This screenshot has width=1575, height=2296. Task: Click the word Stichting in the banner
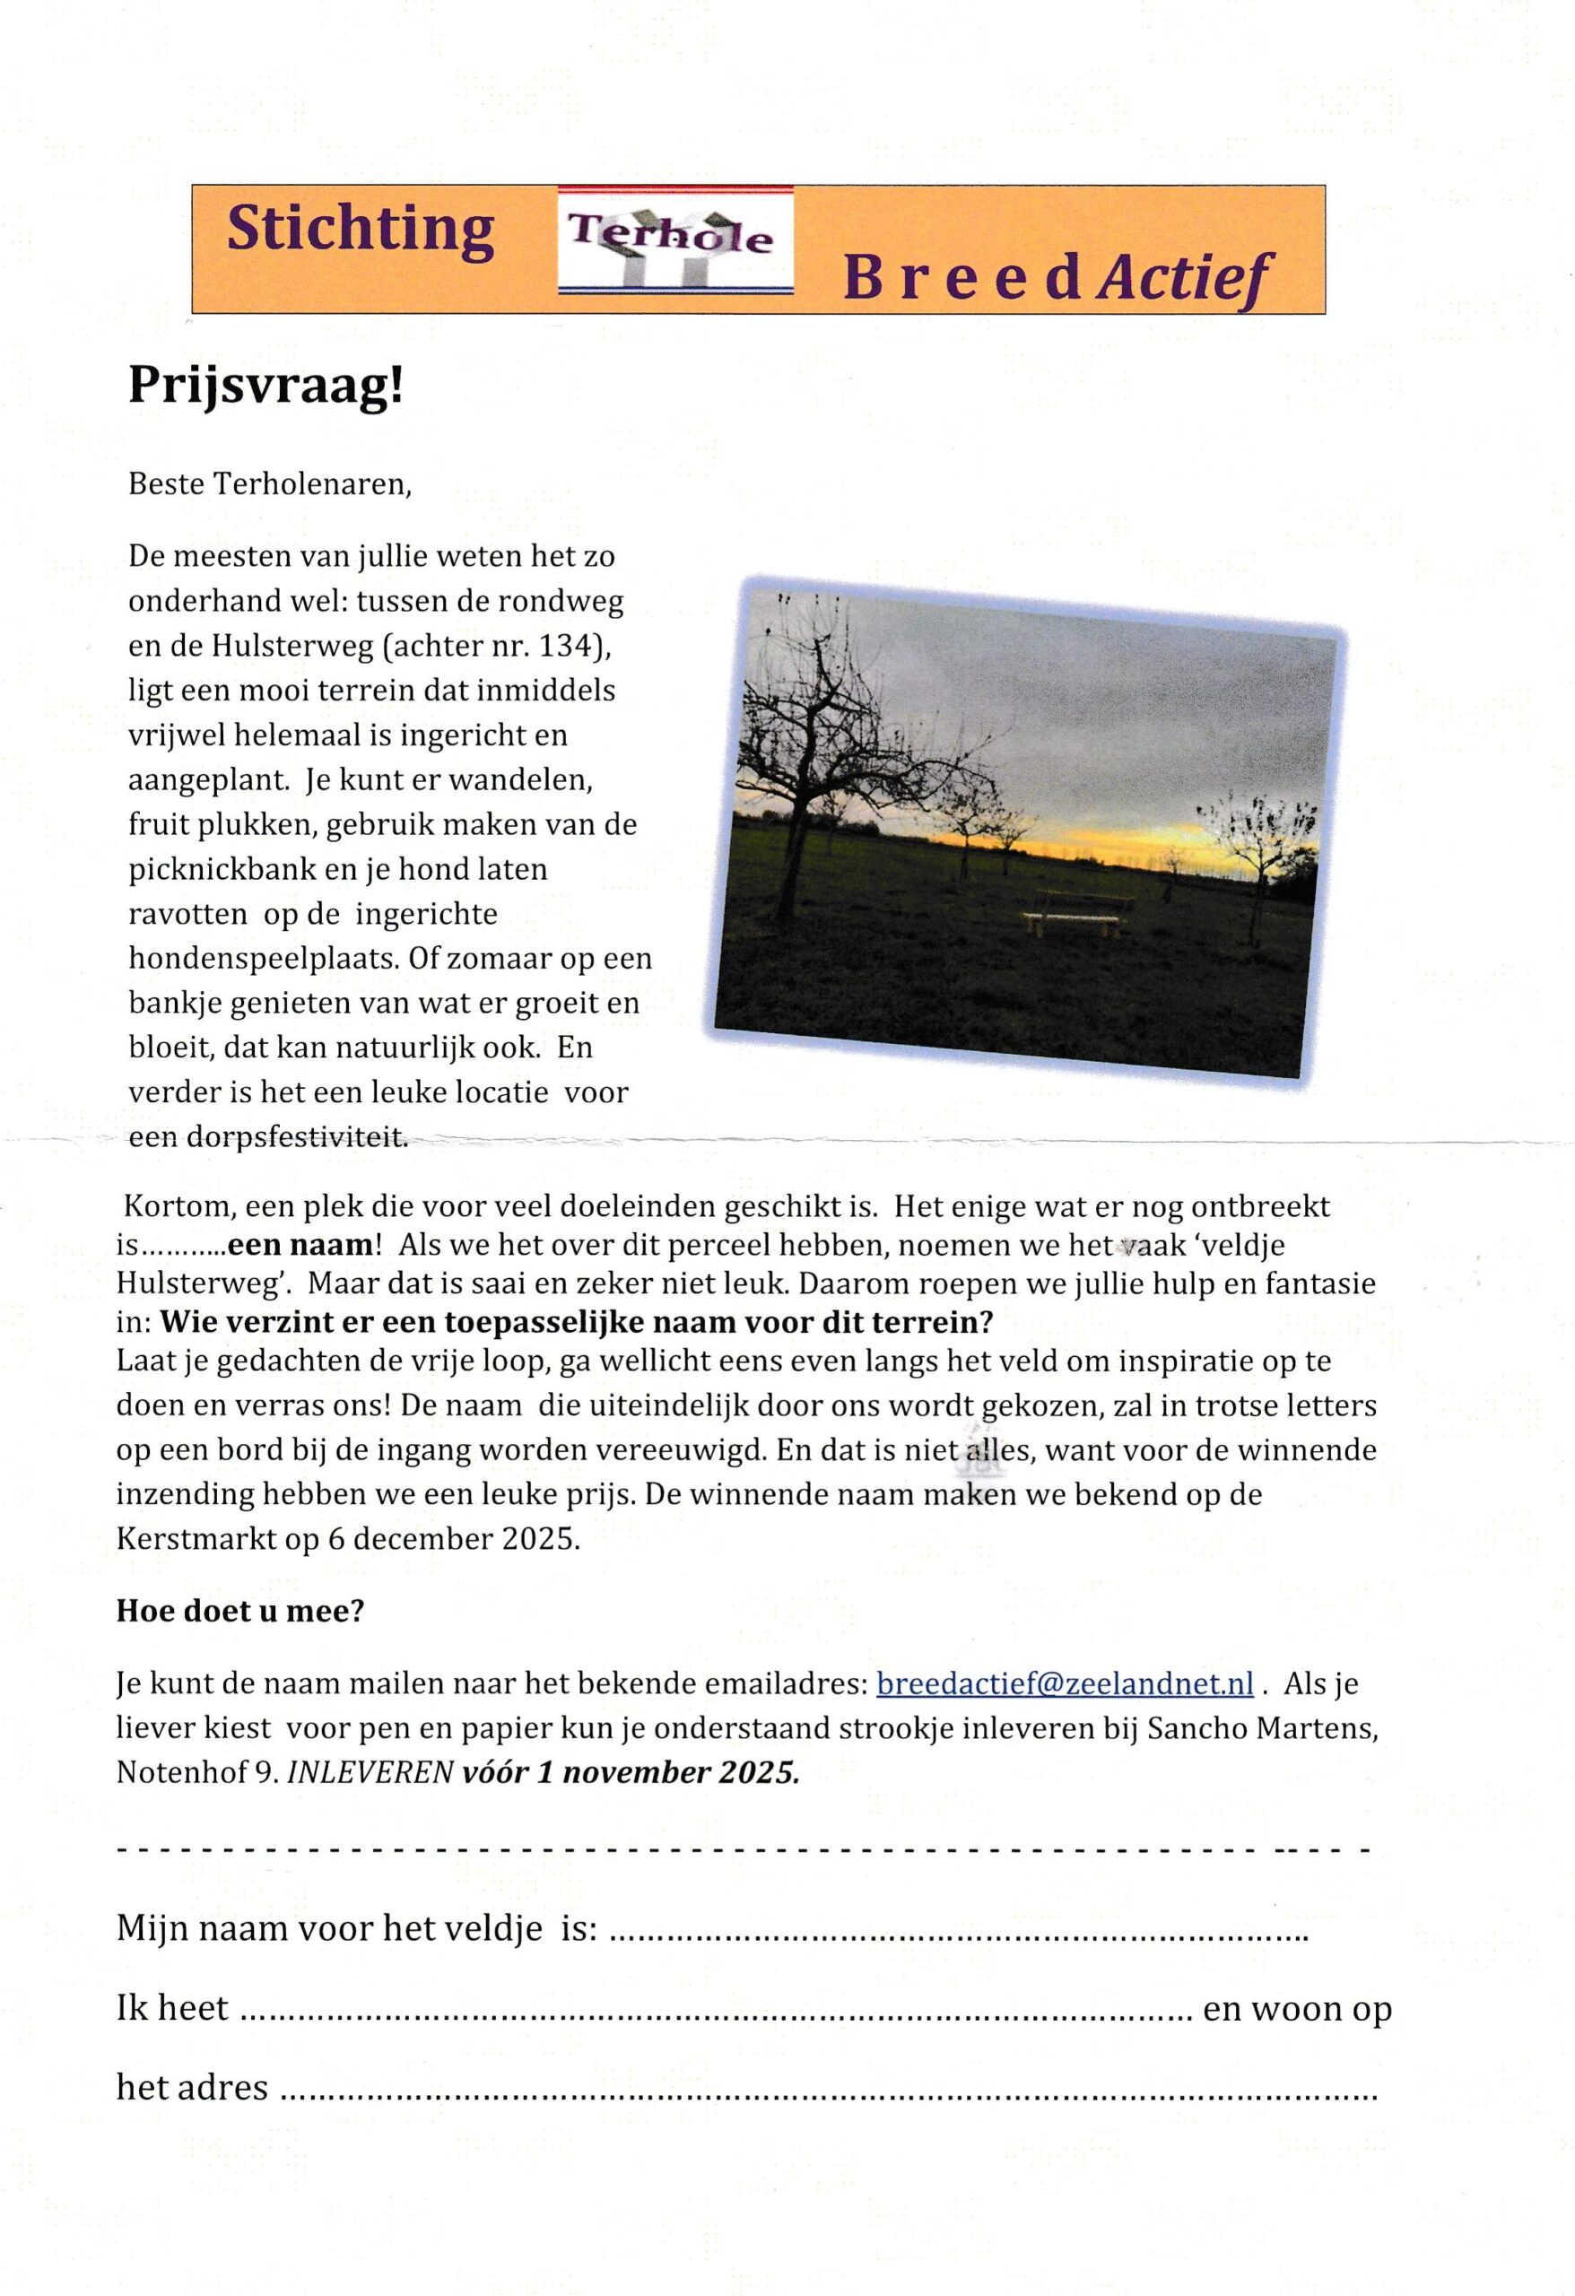coord(360,230)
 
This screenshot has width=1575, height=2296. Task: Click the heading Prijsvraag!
coord(265,387)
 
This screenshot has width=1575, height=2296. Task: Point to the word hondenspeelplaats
coord(260,959)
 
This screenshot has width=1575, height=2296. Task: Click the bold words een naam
coord(300,1245)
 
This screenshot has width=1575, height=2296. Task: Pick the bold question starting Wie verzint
coord(576,1321)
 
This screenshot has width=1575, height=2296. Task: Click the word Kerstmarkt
coord(204,1539)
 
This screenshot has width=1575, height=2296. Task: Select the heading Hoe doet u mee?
coord(240,1612)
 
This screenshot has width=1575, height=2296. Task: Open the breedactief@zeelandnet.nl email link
coord(1064,1683)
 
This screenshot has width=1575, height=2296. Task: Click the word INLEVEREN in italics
coord(370,1773)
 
